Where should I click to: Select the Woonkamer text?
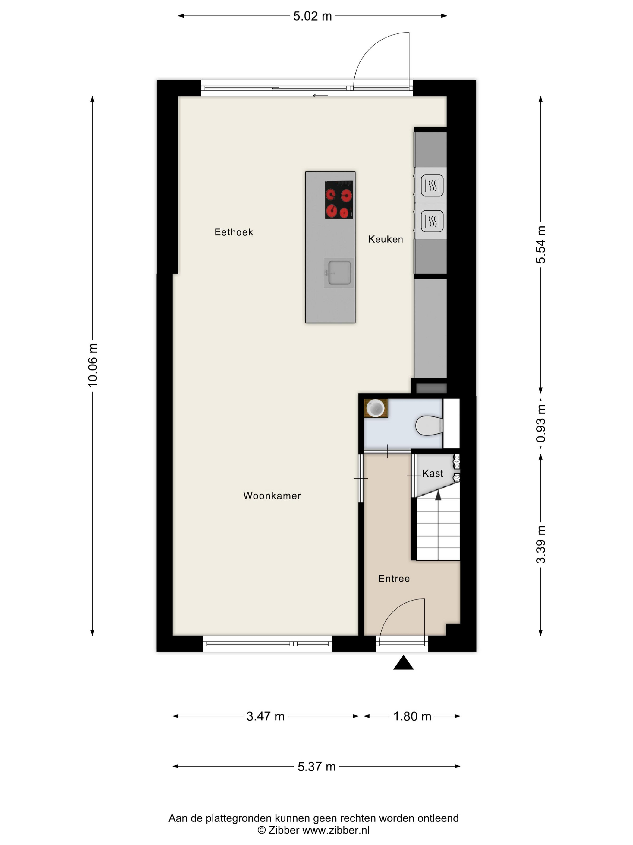(x=272, y=496)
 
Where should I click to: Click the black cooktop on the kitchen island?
(x=339, y=200)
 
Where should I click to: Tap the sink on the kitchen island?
(x=339, y=273)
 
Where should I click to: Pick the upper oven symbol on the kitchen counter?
(x=432, y=186)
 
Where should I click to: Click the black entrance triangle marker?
(x=403, y=663)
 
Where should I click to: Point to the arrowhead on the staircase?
(x=438, y=495)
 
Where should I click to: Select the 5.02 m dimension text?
(x=313, y=16)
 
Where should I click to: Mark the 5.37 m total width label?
(x=317, y=767)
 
